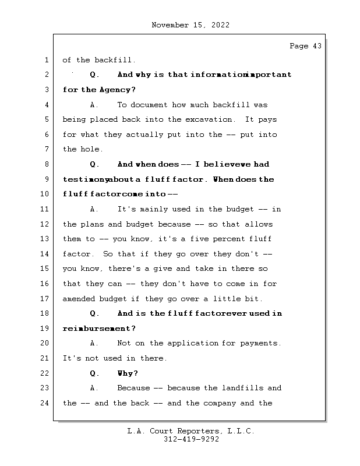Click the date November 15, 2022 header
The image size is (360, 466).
coord(190,25)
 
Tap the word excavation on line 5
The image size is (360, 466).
coord(210,119)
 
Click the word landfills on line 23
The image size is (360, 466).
coord(243,388)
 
